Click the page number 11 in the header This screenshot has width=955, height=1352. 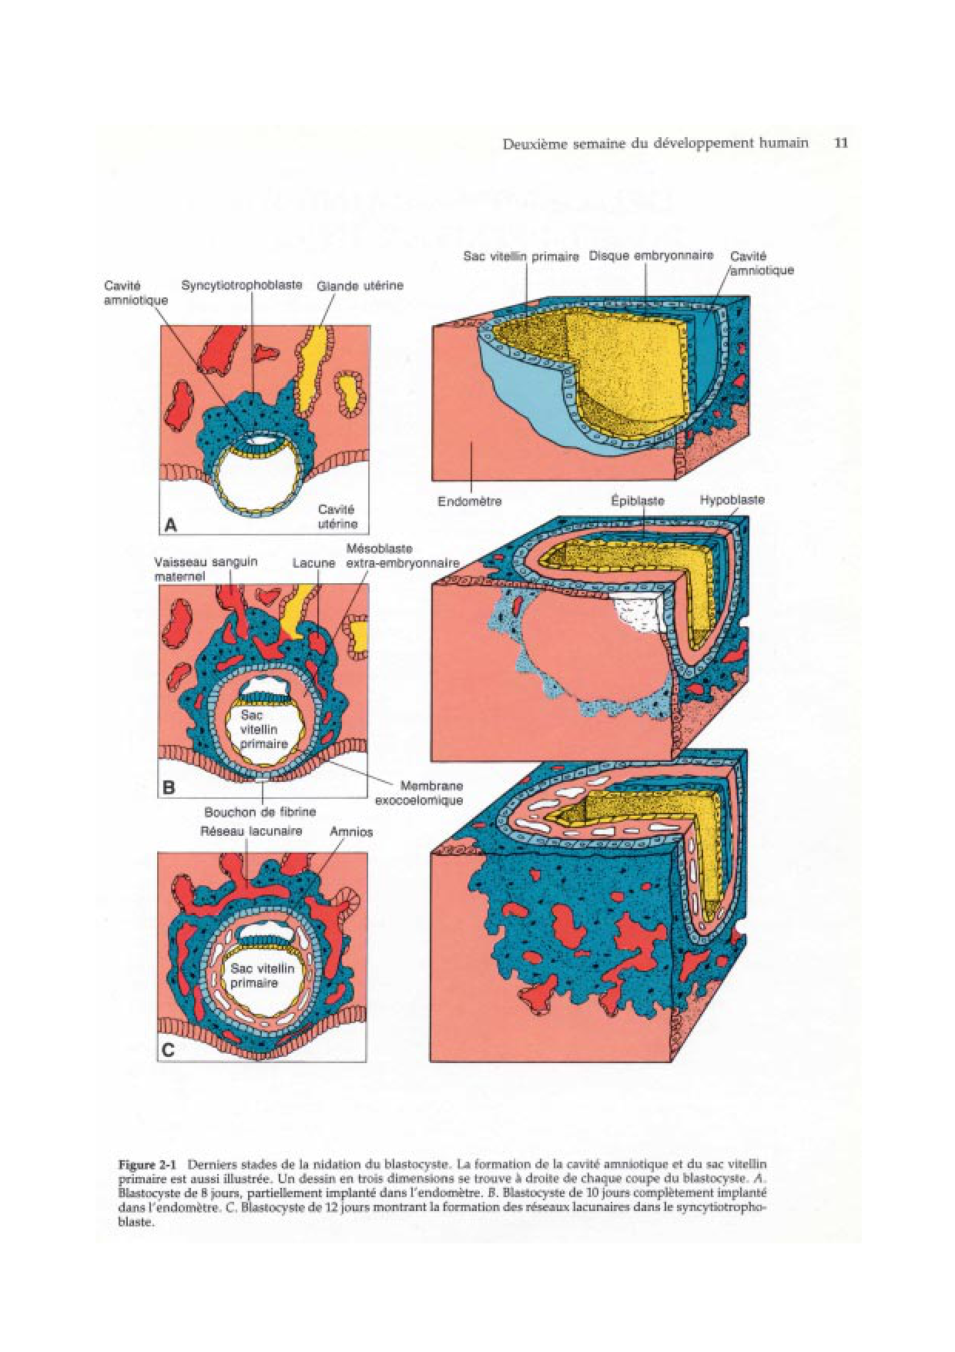click(841, 143)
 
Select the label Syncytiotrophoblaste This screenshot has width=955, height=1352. click(242, 285)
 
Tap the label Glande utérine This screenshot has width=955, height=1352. click(360, 286)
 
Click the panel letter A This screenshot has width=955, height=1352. click(171, 525)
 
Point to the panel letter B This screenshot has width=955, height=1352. click(169, 787)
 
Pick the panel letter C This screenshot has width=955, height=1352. click(168, 1049)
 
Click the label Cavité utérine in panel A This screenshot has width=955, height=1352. click(337, 516)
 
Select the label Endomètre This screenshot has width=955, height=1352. click(469, 502)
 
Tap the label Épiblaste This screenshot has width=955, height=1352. click(637, 501)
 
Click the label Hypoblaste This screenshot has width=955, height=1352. click(732, 500)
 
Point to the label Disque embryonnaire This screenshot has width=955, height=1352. click(651, 256)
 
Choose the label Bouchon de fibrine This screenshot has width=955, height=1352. click(260, 812)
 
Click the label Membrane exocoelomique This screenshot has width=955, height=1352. click(420, 793)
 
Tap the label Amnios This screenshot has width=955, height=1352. click(351, 832)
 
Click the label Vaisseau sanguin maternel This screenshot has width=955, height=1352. click(205, 569)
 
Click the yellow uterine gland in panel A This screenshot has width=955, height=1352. click(308, 370)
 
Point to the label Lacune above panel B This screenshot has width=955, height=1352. click(313, 563)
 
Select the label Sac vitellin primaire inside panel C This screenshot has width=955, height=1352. click(262, 975)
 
